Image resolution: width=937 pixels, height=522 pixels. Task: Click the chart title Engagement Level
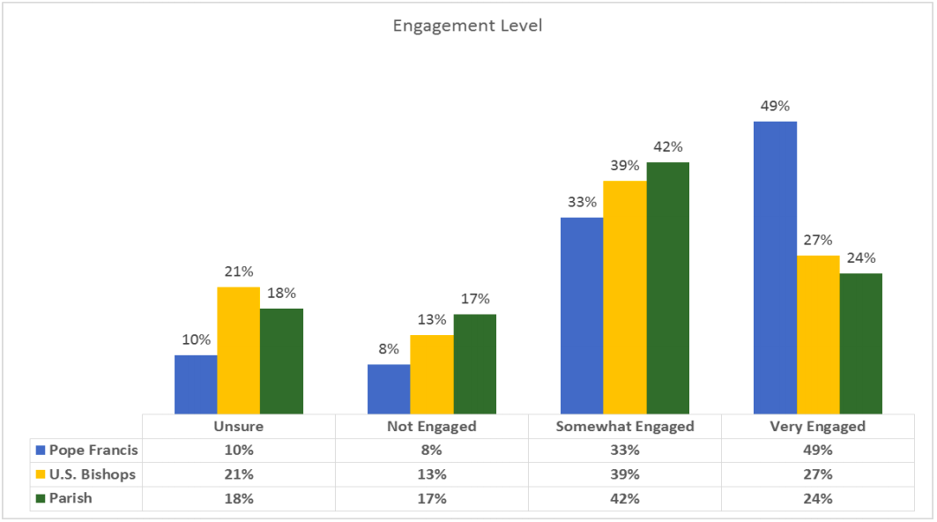(467, 26)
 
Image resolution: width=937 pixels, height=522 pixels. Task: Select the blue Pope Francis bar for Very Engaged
(775, 267)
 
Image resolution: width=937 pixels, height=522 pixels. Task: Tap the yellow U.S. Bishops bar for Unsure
(239, 350)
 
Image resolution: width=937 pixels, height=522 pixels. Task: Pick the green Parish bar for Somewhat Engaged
(667, 287)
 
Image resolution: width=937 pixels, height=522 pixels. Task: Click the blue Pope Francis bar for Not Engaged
(389, 389)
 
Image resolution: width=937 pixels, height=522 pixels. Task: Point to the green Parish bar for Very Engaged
(860, 343)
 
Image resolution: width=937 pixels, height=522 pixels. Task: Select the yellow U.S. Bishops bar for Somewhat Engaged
(625, 297)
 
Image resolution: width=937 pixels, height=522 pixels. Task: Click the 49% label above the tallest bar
(775, 107)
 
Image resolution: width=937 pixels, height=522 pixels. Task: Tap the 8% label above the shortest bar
(389, 349)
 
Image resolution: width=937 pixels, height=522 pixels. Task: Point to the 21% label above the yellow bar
(239, 272)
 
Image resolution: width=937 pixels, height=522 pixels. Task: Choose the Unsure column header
(238, 427)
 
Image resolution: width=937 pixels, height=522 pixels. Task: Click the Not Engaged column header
(432, 427)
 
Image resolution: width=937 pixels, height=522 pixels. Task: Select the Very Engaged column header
(817, 427)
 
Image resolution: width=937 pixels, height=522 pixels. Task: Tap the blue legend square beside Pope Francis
(40, 451)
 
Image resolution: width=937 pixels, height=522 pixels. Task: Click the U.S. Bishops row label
(93, 474)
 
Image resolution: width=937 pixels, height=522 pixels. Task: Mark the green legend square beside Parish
(40, 498)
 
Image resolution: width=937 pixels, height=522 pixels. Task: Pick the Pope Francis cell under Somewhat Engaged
(625, 451)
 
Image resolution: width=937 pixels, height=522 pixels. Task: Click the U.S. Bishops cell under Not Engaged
(432, 474)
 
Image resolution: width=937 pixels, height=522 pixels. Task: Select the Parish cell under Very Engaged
(817, 498)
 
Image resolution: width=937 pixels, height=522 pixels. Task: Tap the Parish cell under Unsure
(238, 498)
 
